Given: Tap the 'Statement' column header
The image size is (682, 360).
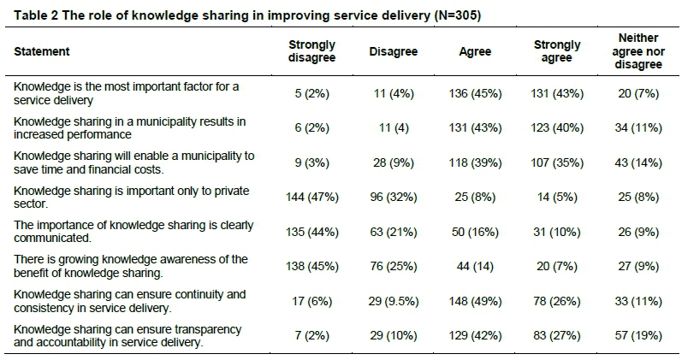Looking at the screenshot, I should tap(42, 51).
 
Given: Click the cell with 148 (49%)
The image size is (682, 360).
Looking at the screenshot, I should tap(476, 301).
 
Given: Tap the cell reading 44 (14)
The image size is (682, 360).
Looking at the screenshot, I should tap(476, 266).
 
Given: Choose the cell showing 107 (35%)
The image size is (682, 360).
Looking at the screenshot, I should tap(557, 162).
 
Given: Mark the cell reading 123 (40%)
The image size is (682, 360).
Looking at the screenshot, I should tap(557, 127).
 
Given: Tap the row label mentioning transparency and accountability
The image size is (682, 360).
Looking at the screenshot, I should tap(128, 336).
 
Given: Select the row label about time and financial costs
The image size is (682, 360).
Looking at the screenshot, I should tap(133, 162).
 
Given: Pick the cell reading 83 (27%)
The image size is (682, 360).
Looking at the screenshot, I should tap(557, 336).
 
